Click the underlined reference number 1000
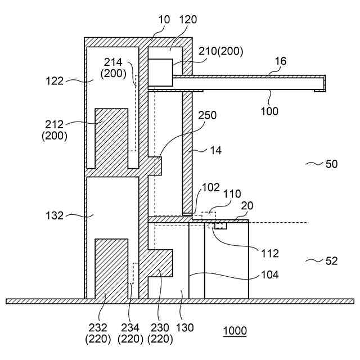tap(235, 331)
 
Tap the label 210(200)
tap(220, 51)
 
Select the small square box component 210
tap(160, 71)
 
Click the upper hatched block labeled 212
tap(111, 138)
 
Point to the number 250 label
tap(207, 115)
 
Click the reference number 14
tap(215, 150)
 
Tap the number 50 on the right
tap(331, 164)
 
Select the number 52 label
tap(331, 260)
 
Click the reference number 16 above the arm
tap(280, 61)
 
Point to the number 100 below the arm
tap(269, 111)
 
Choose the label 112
tap(270, 253)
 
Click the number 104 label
tap(270, 275)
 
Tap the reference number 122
tap(55, 81)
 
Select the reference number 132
tap(55, 215)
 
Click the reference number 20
tap(247, 206)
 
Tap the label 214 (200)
tap(112, 67)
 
